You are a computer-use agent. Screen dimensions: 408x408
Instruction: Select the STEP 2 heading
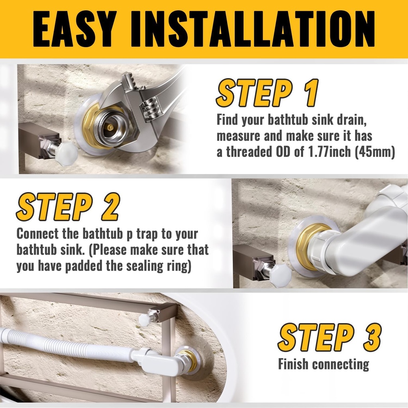68,207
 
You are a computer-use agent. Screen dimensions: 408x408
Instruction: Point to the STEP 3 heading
329,338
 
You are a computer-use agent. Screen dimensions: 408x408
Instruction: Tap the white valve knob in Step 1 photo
66,153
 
